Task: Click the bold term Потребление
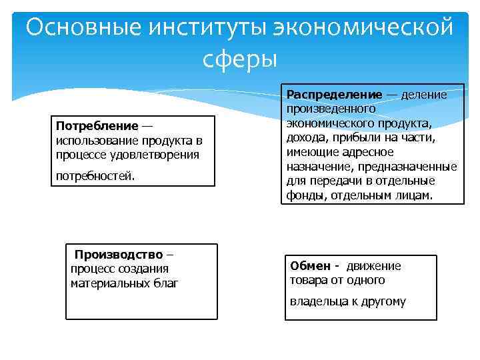pos(97,127)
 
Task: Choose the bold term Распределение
pos(334,95)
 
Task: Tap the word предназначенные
pos(413,167)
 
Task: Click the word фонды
pos(303,195)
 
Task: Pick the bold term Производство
pos(118,255)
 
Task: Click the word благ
pos(163,283)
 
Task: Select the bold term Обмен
pos(308,266)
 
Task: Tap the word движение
pos(373,266)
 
